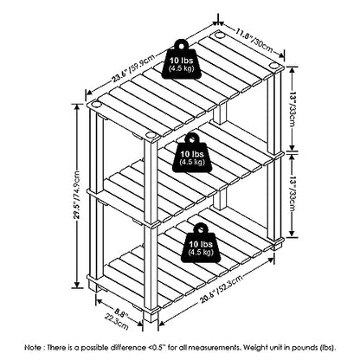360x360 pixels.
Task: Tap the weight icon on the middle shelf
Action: pyautogui.click(x=192, y=153)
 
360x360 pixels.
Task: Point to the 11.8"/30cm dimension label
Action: pyautogui.click(x=254, y=40)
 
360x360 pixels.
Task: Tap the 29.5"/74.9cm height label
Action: pyautogui.click(x=77, y=195)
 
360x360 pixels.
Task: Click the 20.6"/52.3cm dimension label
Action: pyautogui.click(x=221, y=289)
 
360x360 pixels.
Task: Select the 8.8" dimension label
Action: pyautogui.click(x=121, y=312)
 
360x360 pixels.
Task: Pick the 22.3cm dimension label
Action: pyautogui.click(x=117, y=321)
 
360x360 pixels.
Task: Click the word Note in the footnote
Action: pyautogui.click(x=33, y=347)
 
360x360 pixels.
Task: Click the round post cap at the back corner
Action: pyautogui.click(x=219, y=35)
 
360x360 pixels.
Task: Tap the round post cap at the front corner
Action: pyautogui.click(x=151, y=135)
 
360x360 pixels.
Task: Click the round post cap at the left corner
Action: pyautogui.click(x=96, y=104)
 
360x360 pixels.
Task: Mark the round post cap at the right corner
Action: pyautogui.click(x=273, y=65)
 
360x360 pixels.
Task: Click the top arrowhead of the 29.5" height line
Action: pyautogui.click(x=77, y=106)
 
